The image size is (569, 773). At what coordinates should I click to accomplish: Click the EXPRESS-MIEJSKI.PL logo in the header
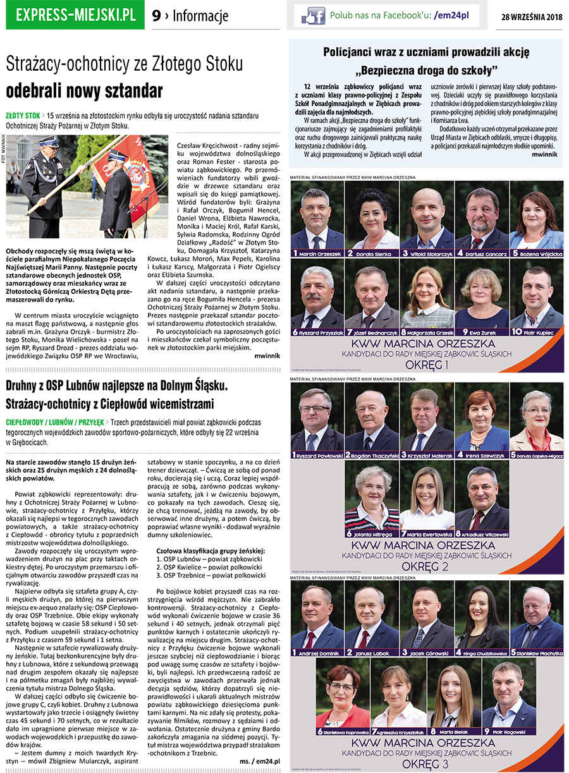click(x=75, y=15)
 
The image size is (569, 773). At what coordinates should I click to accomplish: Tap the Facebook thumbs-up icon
click(x=313, y=16)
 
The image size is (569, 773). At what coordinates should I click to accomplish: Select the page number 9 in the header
click(x=156, y=16)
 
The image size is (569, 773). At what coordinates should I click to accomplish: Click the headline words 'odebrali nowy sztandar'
click(x=84, y=90)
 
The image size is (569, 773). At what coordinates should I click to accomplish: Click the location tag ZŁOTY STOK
click(x=23, y=116)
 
